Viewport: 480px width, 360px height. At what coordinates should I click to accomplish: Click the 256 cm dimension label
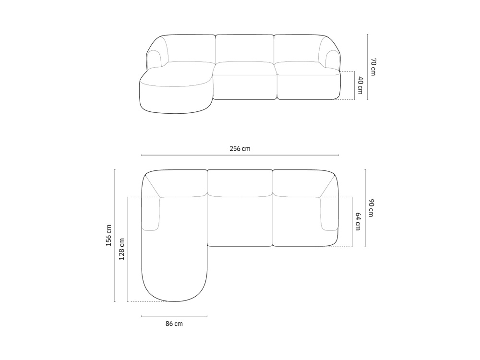pos(240,149)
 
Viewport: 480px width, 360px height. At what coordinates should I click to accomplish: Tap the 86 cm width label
pos(174,324)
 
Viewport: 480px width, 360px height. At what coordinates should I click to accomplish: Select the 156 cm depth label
pos(108,236)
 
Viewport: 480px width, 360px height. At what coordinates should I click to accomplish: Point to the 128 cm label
pos(122,249)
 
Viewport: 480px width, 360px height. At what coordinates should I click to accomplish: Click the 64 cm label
pos(358,222)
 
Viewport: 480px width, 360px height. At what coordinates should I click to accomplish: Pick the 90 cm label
pos(371,208)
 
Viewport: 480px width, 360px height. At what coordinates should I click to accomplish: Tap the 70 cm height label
pos(373,67)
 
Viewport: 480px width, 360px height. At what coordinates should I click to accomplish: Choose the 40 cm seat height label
pos(360,86)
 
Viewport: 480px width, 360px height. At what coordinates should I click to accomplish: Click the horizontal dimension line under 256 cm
pos(240,155)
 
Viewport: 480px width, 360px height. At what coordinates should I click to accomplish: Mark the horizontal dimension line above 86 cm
pos(174,316)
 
